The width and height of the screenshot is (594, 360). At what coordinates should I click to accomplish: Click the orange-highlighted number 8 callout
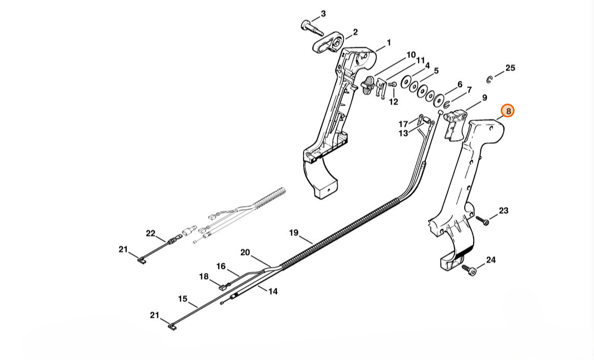click(508, 111)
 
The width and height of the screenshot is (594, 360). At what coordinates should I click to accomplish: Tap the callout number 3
click(323, 14)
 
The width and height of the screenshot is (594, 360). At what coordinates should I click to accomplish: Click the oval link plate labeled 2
click(328, 42)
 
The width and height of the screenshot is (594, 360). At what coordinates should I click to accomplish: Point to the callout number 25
click(510, 68)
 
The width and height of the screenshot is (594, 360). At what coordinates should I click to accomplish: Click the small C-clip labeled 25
click(490, 80)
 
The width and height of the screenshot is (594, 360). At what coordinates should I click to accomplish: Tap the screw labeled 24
click(469, 270)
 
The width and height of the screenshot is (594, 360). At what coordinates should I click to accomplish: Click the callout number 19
click(294, 233)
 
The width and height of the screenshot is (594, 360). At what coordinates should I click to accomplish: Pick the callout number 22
click(151, 233)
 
